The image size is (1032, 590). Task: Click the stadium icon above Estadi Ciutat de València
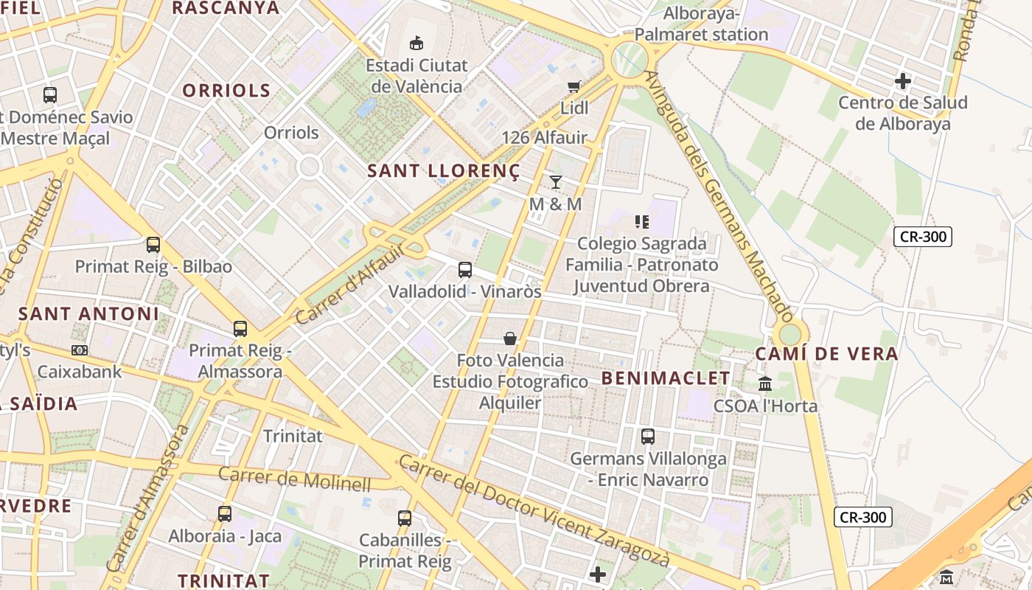point(416,43)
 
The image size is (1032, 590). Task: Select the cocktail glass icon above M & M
point(556,182)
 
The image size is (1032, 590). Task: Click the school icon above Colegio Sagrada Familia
point(641,221)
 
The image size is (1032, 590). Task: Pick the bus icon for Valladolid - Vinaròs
point(464,270)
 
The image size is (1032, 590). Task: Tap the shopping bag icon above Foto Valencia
point(509,339)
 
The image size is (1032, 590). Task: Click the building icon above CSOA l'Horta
point(765,384)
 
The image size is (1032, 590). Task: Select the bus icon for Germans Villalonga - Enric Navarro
point(648,437)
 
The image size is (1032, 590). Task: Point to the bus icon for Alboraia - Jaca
point(225,514)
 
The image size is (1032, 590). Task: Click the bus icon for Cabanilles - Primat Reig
point(405,518)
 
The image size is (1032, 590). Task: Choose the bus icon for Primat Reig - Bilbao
point(153,245)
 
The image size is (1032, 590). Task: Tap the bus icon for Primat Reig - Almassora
point(240,329)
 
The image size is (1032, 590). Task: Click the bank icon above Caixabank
point(79,350)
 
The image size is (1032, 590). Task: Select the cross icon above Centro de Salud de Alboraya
point(903,80)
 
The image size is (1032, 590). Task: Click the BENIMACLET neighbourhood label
point(666,378)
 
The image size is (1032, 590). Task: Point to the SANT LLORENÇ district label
point(444,171)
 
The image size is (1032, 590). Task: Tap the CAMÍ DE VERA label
point(826,354)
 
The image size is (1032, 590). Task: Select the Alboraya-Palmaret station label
point(701,24)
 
